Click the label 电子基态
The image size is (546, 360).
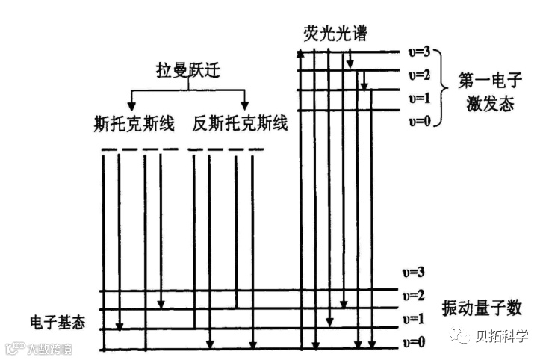point(58,322)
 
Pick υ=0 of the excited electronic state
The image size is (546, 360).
point(419,121)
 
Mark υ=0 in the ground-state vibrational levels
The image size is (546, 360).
point(413,342)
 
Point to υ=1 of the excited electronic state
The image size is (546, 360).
point(419,98)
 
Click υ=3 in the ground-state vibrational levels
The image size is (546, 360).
point(413,272)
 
